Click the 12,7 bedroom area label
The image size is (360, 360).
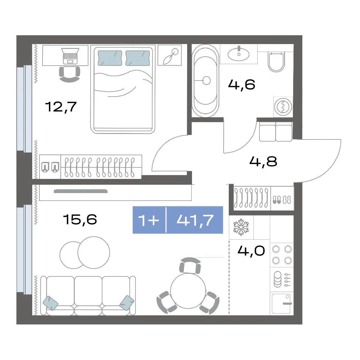(x=61, y=107)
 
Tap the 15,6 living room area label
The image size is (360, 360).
(x=80, y=219)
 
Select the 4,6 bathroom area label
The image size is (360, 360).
(x=242, y=84)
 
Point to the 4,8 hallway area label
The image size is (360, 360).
(x=263, y=161)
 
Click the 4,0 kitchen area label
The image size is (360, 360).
(x=251, y=251)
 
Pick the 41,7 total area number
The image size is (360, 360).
(x=195, y=220)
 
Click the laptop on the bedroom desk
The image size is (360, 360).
(x=70, y=56)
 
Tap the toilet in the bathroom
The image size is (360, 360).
(x=276, y=62)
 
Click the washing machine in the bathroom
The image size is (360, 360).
(x=283, y=107)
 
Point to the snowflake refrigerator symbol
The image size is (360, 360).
(x=241, y=227)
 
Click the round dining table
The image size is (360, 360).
(x=188, y=291)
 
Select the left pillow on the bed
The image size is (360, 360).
(x=110, y=58)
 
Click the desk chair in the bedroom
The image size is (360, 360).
(x=70, y=74)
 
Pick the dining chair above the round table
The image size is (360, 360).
(x=190, y=266)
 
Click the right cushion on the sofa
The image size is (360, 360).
(x=127, y=303)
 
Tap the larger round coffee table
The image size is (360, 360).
(x=94, y=252)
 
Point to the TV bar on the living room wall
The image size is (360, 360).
(x=81, y=191)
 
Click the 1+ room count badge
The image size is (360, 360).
(x=149, y=220)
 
